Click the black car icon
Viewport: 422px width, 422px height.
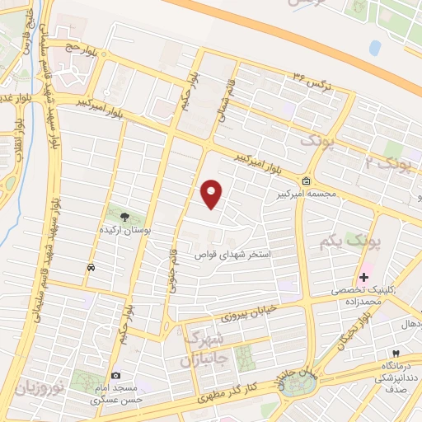click(90, 267)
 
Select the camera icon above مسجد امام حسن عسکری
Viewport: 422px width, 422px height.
click(115, 376)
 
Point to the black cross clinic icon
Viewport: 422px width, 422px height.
click(363, 277)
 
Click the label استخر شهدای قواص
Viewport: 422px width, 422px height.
click(243, 256)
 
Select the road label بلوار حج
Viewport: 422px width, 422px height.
click(83, 48)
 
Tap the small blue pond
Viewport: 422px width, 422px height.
click(375, 48)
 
